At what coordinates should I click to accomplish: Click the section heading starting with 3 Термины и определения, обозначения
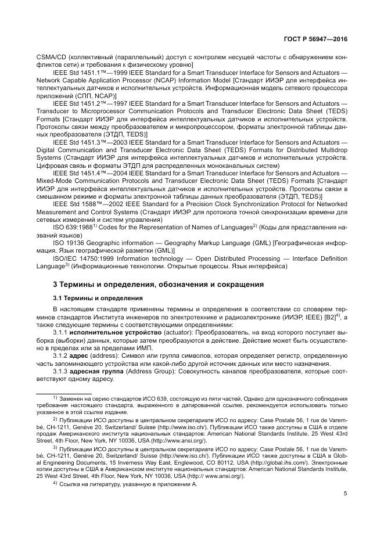pyautogui.click(x=158, y=285)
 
